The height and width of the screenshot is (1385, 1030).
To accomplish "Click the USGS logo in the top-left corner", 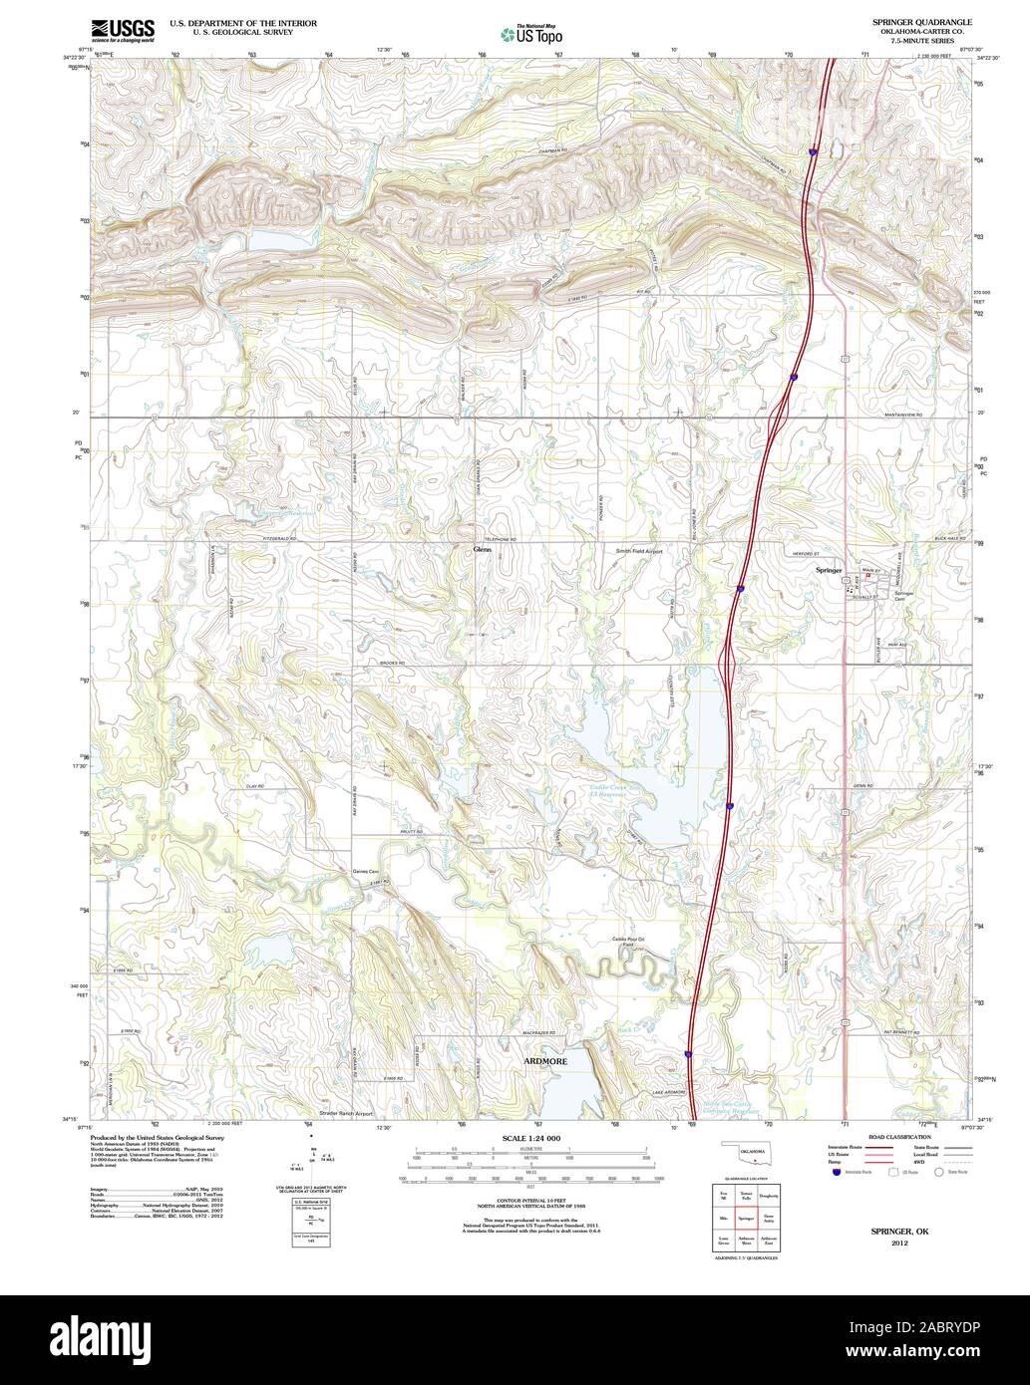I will [x=122, y=30].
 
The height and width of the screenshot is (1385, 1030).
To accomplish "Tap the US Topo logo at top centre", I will [x=528, y=33].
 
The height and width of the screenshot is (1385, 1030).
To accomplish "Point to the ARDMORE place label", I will [x=545, y=1062].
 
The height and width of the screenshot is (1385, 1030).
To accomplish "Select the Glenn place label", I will [x=483, y=549].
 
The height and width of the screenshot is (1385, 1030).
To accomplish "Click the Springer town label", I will [x=829, y=571].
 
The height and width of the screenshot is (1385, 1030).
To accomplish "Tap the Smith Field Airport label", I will [x=638, y=550].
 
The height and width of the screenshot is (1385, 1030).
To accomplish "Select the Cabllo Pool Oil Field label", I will [x=629, y=941].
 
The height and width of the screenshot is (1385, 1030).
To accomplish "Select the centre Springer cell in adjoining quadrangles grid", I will [x=745, y=1218].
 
